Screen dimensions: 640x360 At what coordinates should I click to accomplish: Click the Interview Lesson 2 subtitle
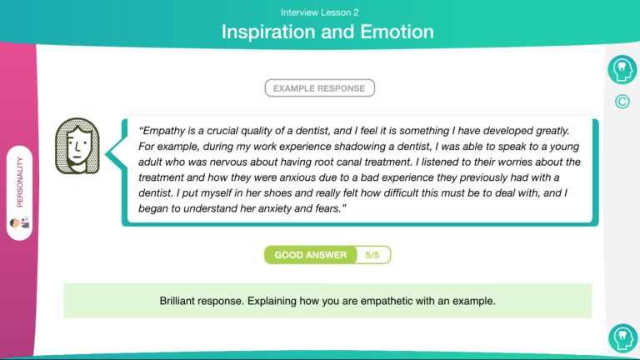(x=320, y=12)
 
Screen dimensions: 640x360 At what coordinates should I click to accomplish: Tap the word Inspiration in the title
(x=268, y=32)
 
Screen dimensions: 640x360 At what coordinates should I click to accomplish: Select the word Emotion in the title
(x=397, y=32)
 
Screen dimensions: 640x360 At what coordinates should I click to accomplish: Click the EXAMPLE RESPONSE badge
(x=320, y=88)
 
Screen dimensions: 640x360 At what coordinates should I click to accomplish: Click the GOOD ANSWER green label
(x=311, y=255)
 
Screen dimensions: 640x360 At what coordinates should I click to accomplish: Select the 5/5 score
(x=372, y=255)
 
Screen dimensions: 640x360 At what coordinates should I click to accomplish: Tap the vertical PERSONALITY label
(x=20, y=182)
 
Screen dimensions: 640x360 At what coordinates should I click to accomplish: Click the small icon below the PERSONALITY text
(x=20, y=222)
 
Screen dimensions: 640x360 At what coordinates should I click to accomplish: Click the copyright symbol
(x=622, y=102)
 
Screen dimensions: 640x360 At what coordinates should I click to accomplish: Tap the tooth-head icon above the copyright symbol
(x=622, y=70)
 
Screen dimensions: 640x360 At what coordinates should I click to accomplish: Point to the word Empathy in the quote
(x=164, y=131)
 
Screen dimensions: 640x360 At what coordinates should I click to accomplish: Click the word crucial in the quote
(x=222, y=131)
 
